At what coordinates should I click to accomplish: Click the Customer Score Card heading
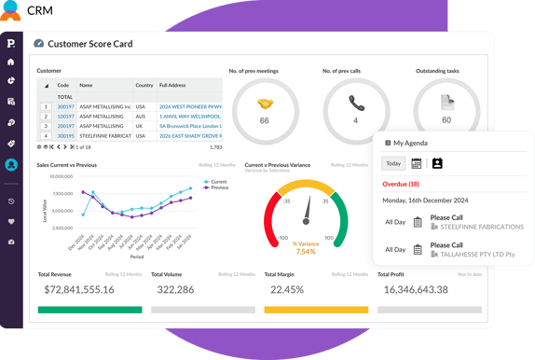[x=89, y=43]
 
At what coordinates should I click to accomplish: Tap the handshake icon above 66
[x=264, y=104]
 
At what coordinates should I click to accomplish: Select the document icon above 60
[x=446, y=104]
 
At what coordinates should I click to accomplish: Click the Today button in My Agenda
[x=393, y=163]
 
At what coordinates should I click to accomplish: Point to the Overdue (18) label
[x=401, y=184]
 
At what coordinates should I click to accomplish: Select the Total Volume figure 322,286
[x=175, y=290]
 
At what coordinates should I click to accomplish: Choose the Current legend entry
[x=218, y=182]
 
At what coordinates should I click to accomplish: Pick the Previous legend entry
[x=218, y=187]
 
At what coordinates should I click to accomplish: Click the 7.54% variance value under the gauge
[x=306, y=252]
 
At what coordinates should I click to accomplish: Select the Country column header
[x=144, y=85]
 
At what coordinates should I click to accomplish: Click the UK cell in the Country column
[x=140, y=126]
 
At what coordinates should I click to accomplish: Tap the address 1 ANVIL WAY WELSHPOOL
[x=190, y=117]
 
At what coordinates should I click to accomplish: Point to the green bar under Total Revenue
[x=89, y=310]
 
